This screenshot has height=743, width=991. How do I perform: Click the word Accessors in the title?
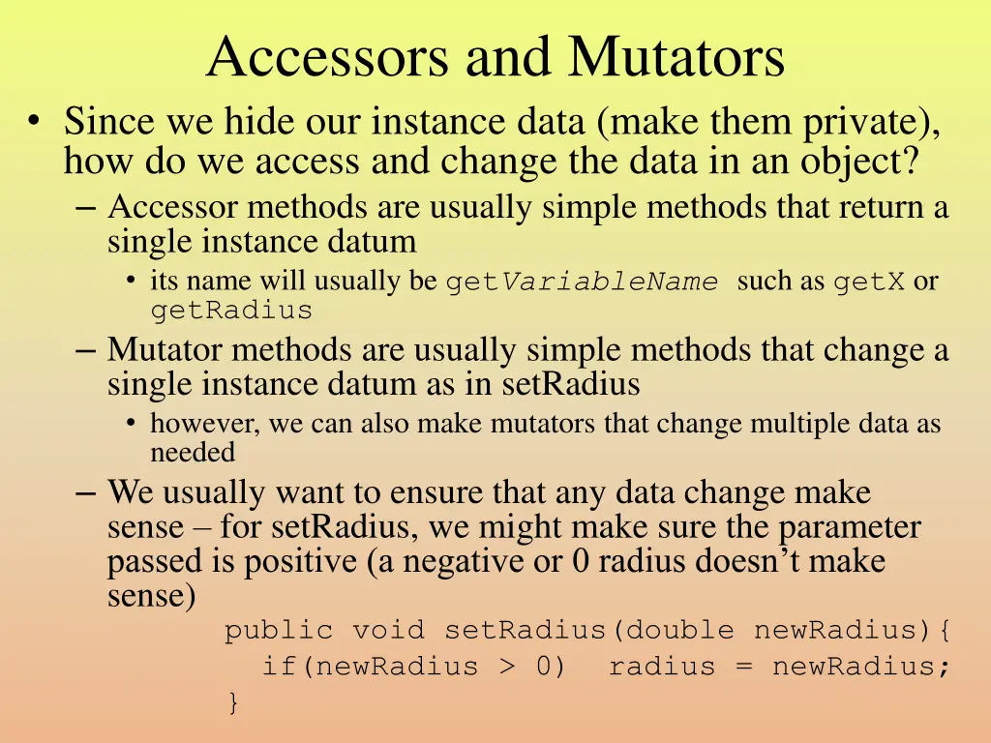[329, 57]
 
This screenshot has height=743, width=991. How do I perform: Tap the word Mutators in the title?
[676, 57]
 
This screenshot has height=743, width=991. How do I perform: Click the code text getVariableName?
[582, 282]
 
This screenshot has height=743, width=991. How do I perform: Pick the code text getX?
[869, 282]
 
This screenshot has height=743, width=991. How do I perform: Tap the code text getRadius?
[231, 311]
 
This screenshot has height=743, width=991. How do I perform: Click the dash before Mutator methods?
[86, 348]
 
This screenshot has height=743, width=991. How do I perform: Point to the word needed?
[193, 452]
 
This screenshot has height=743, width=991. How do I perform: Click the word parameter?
[850, 527]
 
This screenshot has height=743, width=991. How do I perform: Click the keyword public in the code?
[279, 631]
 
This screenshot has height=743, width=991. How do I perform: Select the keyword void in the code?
[388, 631]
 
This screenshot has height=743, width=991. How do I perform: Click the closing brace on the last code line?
[232, 701]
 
